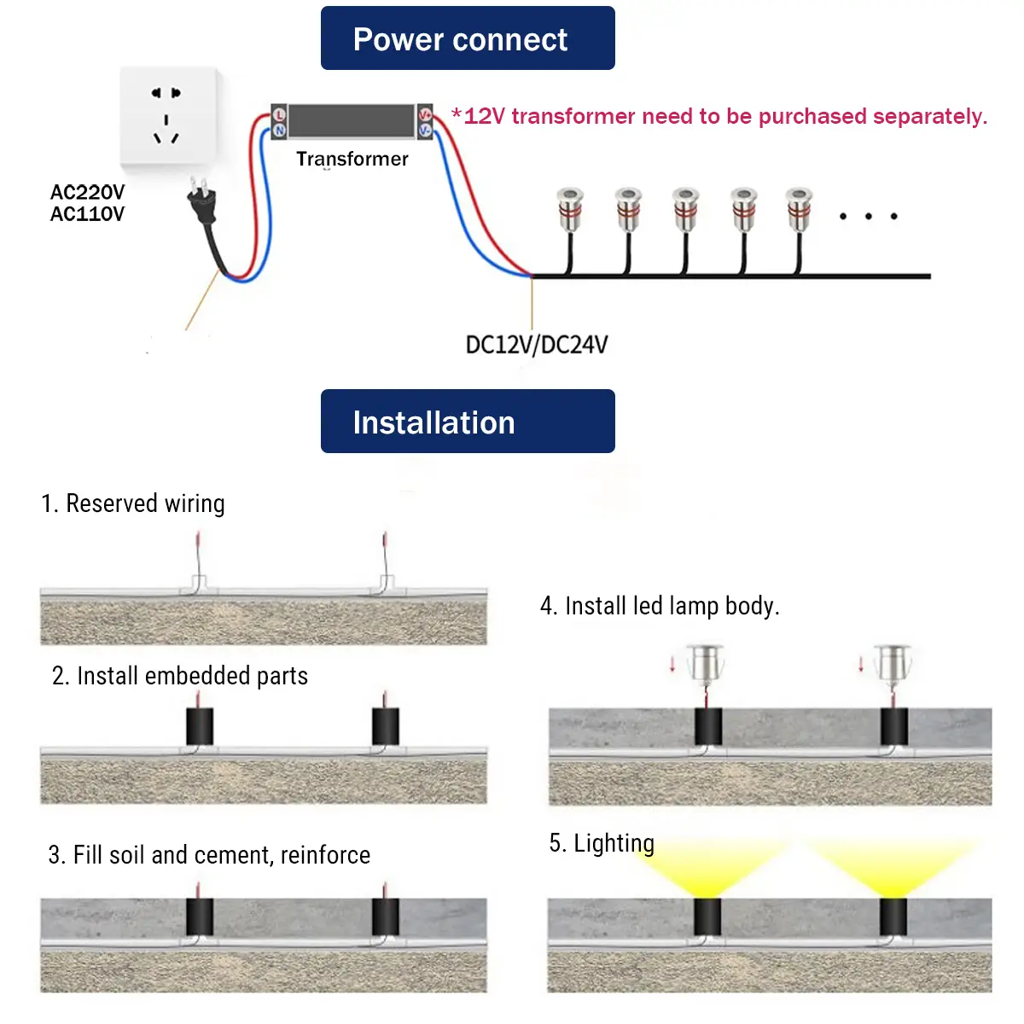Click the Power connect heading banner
click(468, 38)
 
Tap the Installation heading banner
click(468, 422)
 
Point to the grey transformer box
click(352, 120)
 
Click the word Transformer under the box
click(352, 160)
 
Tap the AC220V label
click(87, 192)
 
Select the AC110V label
click(87, 214)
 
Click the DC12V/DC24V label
click(537, 345)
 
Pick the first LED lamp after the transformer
click(570, 209)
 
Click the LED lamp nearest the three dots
click(799, 209)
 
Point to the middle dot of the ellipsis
click(868, 217)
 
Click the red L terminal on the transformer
click(279, 114)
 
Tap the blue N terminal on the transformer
click(279, 131)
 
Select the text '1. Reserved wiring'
click(133, 503)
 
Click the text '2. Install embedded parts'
click(179, 676)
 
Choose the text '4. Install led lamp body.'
click(660, 606)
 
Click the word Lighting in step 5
click(614, 843)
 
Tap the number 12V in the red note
click(485, 117)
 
